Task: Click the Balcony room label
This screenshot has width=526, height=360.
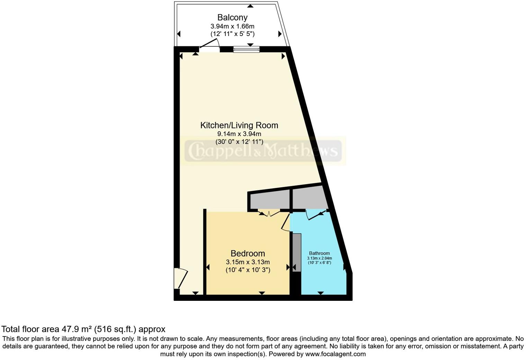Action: click(232, 17)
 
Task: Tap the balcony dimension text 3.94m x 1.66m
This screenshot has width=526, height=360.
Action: click(232, 26)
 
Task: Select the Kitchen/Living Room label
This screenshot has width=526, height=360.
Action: click(239, 125)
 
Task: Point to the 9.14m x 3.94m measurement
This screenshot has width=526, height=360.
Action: click(239, 134)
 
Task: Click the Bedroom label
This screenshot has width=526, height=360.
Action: click(248, 253)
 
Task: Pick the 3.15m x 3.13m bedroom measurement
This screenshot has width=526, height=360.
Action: click(248, 262)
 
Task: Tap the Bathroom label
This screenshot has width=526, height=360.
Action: click(319, 253)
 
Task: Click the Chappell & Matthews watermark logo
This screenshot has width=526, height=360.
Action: click(263, 151)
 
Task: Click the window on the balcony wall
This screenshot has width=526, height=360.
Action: click(246, 49)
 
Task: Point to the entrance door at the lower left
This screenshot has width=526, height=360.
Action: click(180, 278)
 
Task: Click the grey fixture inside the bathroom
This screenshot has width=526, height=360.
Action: click(297, 252)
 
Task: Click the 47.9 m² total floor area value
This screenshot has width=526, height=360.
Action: click(76, 329)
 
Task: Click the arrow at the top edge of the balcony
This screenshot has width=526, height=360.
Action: click(250, 6)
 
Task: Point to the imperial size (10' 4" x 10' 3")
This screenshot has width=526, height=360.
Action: click(248, 270)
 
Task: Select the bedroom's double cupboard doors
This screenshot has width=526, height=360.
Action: click(269, 213)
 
